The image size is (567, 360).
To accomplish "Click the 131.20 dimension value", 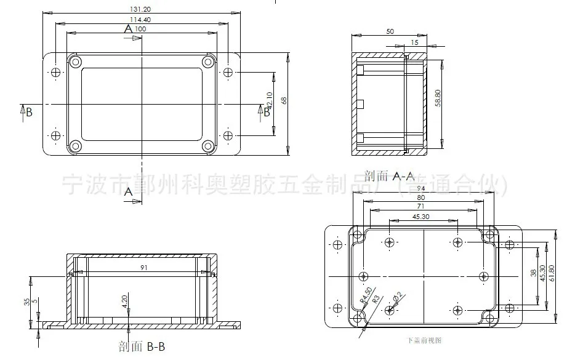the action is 141,9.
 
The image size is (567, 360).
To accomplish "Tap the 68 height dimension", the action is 284,101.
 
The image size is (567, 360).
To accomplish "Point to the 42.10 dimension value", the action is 269,102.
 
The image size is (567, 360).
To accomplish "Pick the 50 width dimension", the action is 390,31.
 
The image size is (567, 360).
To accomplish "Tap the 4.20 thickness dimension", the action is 125,302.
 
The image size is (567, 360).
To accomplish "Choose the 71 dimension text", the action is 420,206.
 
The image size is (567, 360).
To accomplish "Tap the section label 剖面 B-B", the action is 142,347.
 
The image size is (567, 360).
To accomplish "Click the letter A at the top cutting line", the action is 128,29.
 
